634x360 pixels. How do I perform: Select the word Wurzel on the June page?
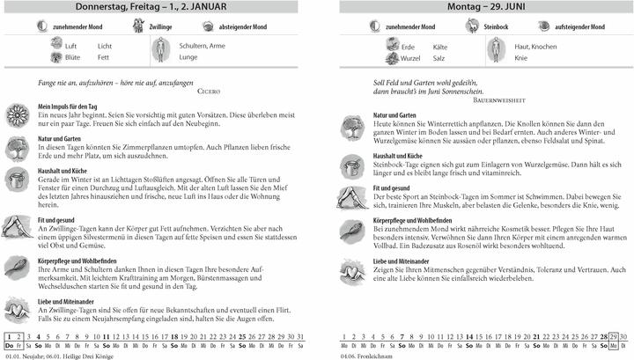click(411, 56)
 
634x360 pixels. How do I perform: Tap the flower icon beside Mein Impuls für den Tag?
click(17, 114)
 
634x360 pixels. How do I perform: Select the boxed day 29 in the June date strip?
click(612, 336)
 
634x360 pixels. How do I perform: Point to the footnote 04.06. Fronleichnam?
click(370, 355)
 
